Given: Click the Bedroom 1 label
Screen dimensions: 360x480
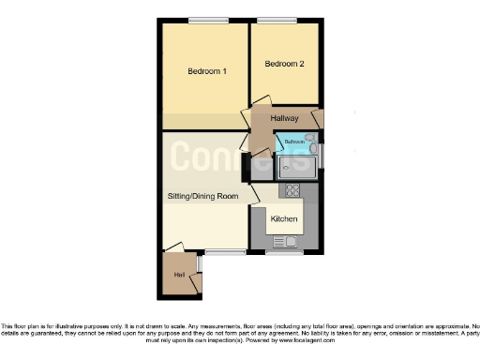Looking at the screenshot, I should [x=206, y=71].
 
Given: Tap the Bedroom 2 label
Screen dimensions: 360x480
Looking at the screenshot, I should [x=284, y=64].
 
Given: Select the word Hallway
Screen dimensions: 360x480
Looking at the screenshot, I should [x=284, y=118].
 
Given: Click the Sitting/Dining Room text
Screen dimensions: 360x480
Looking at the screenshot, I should [x=201, y=197].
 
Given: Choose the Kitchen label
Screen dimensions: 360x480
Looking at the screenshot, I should [x=284, y=218].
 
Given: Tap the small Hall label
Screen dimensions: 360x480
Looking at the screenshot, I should [x=178, y=275].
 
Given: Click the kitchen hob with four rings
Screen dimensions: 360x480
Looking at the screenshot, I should [x=292, y=191].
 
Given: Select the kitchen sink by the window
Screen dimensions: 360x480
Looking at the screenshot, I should [x=284, y=241].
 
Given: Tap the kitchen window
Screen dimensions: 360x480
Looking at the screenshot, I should [x=284, y=252].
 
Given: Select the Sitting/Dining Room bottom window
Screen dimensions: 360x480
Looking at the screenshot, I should [x=225, y=251].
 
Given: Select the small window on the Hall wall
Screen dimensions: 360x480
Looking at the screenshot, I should [x=199, y=264].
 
